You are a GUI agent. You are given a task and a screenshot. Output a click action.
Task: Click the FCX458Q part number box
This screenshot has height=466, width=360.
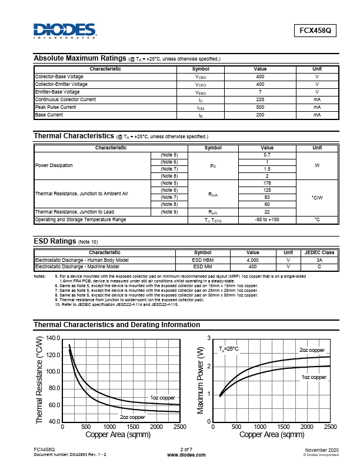click(x=315, y=32)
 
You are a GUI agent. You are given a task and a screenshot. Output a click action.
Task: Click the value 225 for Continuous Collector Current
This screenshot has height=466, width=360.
click(x=260, y=99)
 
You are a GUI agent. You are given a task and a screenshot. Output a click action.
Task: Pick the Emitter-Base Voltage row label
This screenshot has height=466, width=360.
click(x=58, y=92)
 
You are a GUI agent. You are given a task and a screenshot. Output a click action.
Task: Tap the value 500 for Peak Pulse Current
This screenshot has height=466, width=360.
click(x=260, y=107)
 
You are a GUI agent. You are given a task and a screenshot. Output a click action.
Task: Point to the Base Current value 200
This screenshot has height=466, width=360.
click(x=260, y=115)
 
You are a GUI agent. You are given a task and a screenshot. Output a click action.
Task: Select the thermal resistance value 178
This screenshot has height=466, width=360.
click(x=266, y=183)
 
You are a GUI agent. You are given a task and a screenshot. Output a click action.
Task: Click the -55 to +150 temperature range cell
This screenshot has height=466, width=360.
click(x=266, y=219)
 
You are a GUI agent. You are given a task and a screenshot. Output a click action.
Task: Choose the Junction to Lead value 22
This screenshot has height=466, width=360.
click(x=266, y=212)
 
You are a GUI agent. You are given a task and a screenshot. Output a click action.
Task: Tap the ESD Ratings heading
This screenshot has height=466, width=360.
click(x=55, y=241)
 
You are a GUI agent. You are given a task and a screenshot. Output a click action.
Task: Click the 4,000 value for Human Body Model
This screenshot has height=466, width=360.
click(x=252, y=259)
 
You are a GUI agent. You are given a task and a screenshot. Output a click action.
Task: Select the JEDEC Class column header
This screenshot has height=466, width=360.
click(x=319, y=252)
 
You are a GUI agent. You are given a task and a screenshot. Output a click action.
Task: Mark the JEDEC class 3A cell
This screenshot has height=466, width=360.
click(x=319, y=259)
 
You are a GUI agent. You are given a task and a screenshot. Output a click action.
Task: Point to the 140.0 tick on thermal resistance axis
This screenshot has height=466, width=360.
click(x=53, y=338)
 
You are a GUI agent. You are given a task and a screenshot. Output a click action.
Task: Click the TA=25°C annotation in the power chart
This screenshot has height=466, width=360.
click(x=229, y=349)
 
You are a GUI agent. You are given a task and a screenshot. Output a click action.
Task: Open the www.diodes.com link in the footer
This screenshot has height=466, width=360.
click(x=179, y=455)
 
